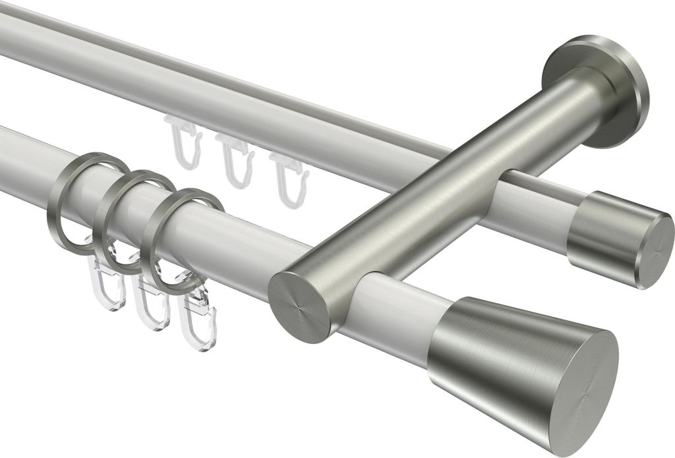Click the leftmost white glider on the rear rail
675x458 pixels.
(181, 141)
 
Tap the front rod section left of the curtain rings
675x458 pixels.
(26, 158)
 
